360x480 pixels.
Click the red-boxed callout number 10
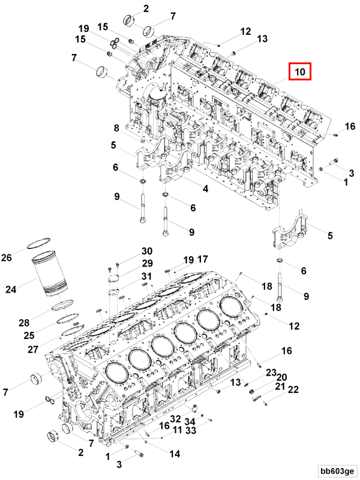coord(300,73)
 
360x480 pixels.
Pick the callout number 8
coord(118,127)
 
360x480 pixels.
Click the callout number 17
coord(202,259)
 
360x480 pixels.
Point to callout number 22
coord(293,389)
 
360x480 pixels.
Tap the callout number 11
coord(178,430)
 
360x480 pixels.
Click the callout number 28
coord(23,323)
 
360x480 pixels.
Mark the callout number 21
coord(280,387)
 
